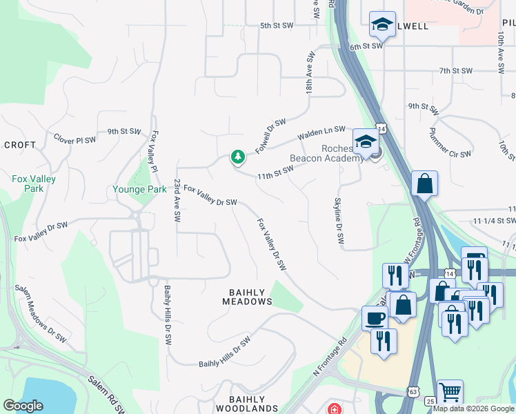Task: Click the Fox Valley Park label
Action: click(34, 184)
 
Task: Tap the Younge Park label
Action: click(140, 189)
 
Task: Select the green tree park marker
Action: click(238, 158)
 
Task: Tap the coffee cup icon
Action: click(375, 318)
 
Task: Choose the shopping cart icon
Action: click(450, 392)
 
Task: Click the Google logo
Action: click(23, 406)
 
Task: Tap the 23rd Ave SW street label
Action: click(177, 200)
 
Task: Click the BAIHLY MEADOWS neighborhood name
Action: click(247, 297)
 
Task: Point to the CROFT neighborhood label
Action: click(19, 145)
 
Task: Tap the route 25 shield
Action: click(430, 402)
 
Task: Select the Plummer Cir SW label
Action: click(450, 143)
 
